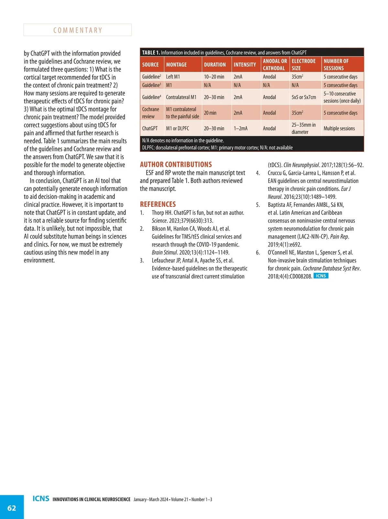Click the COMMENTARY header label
pyautogui.click(x=78, y=30)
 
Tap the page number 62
pyautogui.click(x=12, y=508)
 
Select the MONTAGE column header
pyautogui.click(x=176, y=65)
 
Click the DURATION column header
pyautogui.click(x=215, y=65)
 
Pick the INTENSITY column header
pyautogui.click(x=245, y=65)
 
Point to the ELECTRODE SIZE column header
pyautogui.click(x=303, y=65)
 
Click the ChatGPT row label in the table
pyautogui.click(x=150, y=128)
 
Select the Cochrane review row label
pyautogui.click(x=150, y=113)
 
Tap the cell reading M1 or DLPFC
pyautogui.click(x=178, y=128)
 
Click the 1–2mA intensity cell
pyautogui.click(x=241, y=128)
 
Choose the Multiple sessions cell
pyautogui.click(x=339, y=128)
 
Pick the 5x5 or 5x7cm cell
pyautogui.click(x=304, y=97)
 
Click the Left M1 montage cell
pyautogui.click(x=173, y=77)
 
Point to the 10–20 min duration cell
pyautogui.click(x=214, y=77)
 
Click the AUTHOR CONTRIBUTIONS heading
pyautogui.click(x=176, y=164)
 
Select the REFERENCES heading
pyautogui.click(x=158, y=204)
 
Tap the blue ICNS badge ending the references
pyautogui.click(x=321, y=276)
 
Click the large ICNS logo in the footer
pyautogui.click(x=41, y=499)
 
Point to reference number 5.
pyautogui.click(x=258, y=205)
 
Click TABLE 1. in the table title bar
pyautogui.click(x=151, y=52)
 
